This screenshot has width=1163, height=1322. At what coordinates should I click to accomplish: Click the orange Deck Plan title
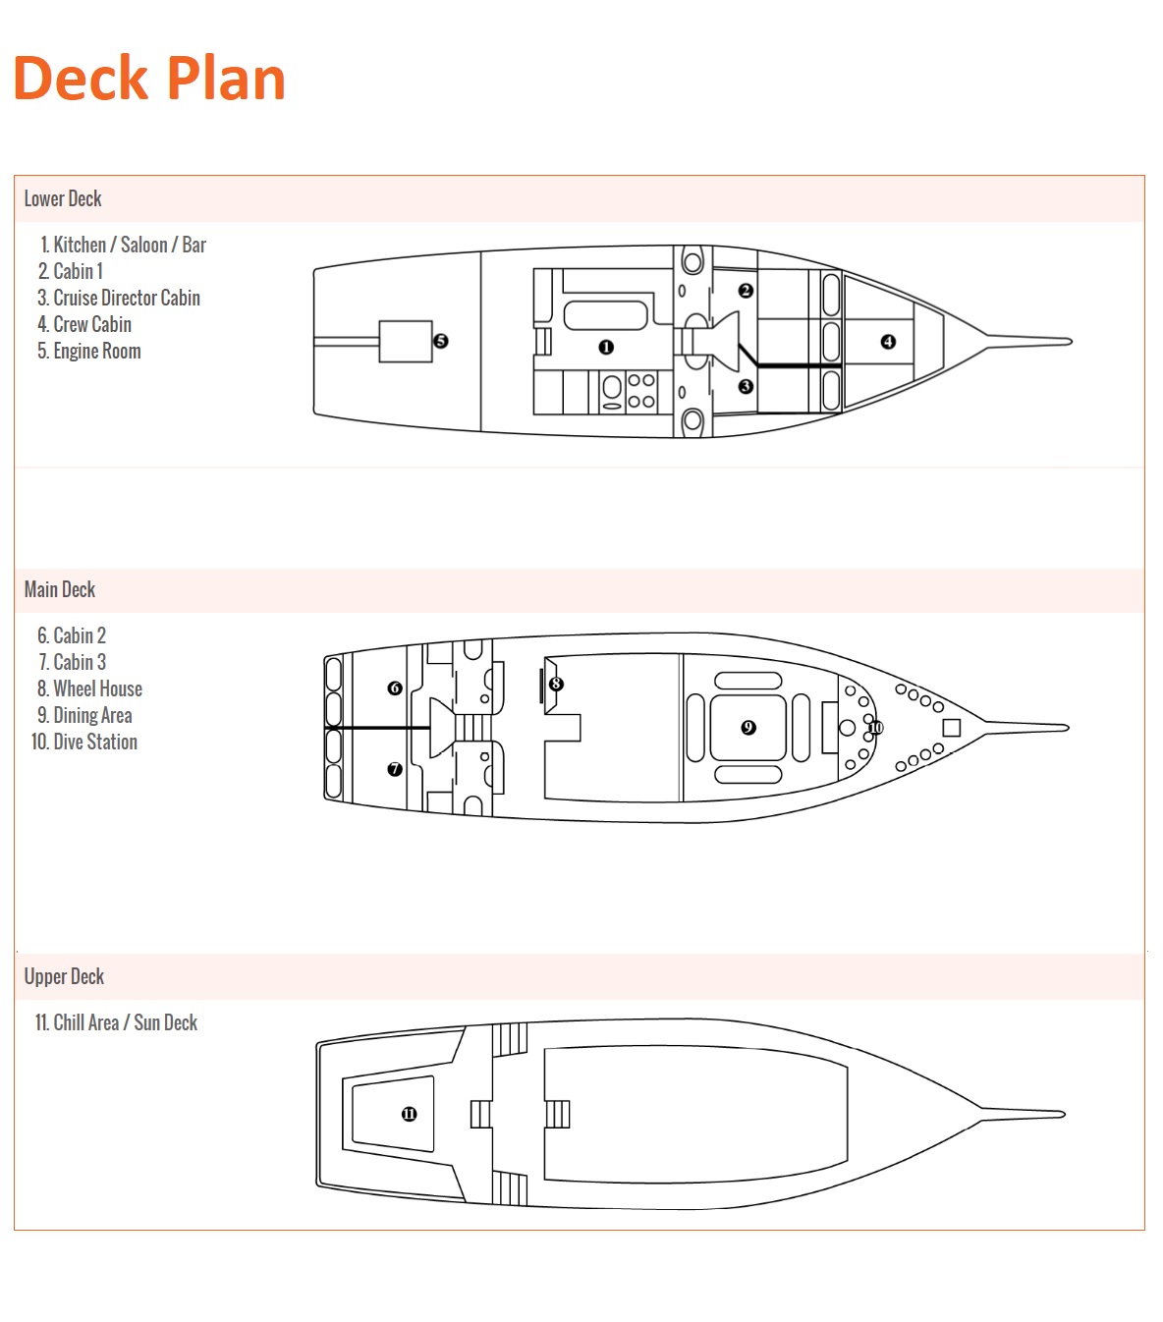pyautogui.click(x=149, y=79)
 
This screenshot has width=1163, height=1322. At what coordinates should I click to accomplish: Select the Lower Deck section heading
pyautogui.click(x=63, y=198)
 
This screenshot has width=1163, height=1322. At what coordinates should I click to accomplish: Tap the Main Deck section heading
pyautogui.click(x=60, y=589)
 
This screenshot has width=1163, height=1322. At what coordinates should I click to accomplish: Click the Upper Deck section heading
pyautogui.click(x=64, y=976)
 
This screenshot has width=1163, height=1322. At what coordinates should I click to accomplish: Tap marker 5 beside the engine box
pyautogui.click(x=441, y=341)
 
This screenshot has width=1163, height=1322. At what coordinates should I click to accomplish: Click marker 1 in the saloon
pyautogui.click(x=606, y=347)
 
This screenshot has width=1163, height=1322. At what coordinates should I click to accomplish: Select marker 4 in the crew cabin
pyautogui.click(x=888, y=342)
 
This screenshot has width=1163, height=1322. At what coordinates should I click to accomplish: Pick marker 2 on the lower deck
pyautogui.click(x=746, y=291)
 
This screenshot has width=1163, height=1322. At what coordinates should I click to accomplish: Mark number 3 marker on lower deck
pyautogui.click(x=746, y=386)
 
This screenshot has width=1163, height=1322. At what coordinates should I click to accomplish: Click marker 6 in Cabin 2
pyautogui.click(x=395, y=688)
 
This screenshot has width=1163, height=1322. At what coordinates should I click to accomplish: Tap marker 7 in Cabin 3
pyautogui.click(x=395, y=769)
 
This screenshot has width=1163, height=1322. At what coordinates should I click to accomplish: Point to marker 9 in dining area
pyautogui.click(x=748, y=727)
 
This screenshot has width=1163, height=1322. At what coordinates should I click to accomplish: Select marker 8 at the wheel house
pyautogui.click(x=556, y=684)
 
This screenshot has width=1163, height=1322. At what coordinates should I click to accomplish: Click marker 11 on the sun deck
pyautogui.click(x=409, y=1114)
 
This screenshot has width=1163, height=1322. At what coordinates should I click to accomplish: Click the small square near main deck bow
pyautogui.click(x=951, y=728)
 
